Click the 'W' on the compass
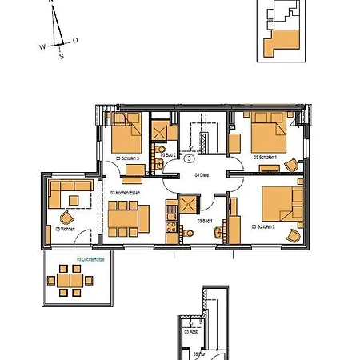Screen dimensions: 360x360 point(42,47)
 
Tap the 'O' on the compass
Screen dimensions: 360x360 point(75,39)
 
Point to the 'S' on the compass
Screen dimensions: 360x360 point(61,56)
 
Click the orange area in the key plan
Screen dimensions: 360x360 point(285,42)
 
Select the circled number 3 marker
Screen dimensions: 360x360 point(189,159)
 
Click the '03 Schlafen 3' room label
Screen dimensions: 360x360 point(128,159)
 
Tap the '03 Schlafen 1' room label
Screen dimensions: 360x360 point(265,158)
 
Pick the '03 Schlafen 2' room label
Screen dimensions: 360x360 point(263,227)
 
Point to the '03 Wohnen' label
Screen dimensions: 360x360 point(66,229)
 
